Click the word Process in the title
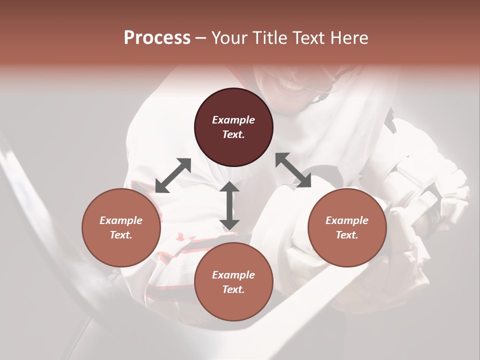pyautogui.click(x=157, y=38)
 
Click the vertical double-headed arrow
pyautogui.click(x=229, y=205)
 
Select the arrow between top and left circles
pyautogui.click(x=173, y=175)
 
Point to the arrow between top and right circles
pyautogui.click(x=293, y=170)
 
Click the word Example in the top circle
pyautogui.click(x=233, y=120)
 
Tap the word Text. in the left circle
pyautogui.click(x=121, y=235)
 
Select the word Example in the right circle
pyautogui.click(x=347, y=220)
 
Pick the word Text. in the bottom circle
pyautogui.click(x=233, y=289)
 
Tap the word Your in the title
pyautogui.click(x=228, y=38)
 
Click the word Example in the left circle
pyautogui.click(x=121, y=220)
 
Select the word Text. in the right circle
pyautogui.click(x=347, y=235)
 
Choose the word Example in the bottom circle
pyautogui.click(x=233, y=275)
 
